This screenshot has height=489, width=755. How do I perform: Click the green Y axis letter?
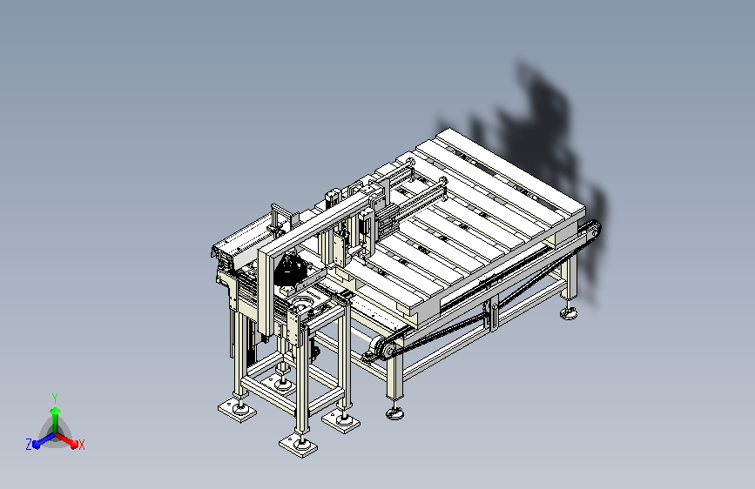[x=55, y=398]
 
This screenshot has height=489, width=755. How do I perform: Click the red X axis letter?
[x=81, y=445]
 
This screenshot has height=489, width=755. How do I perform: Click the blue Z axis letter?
[x=29, y=445]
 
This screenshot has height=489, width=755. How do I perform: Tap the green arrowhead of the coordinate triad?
[x=56, y=411]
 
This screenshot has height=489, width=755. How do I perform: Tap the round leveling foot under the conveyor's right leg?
[x=569, y=314]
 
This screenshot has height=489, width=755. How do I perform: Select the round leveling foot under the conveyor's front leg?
[x=394, y=413]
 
